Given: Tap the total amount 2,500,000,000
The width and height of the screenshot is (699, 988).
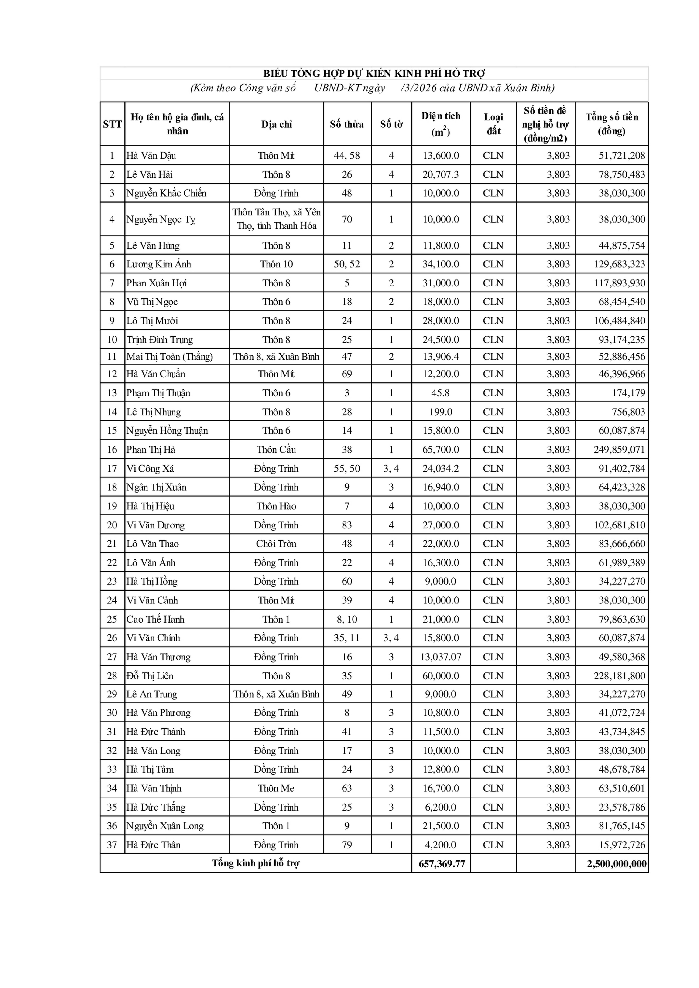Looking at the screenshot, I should (616, 864).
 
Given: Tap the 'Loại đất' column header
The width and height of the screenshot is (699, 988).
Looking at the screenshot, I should (493, 124).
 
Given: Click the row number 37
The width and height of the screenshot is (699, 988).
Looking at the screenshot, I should (112, 845).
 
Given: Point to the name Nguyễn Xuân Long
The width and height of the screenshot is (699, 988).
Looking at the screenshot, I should (165, 826).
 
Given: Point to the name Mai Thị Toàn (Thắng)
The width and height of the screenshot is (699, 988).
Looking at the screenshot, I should (170, 357).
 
